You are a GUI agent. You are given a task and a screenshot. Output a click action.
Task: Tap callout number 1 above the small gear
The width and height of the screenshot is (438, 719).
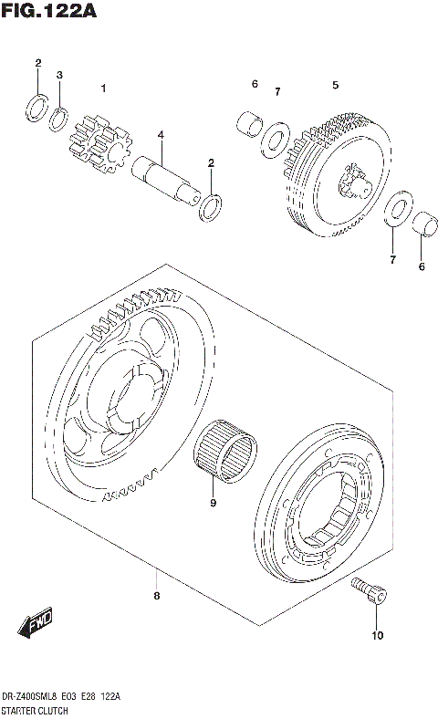104,89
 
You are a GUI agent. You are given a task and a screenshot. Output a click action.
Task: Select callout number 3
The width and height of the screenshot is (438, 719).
59,75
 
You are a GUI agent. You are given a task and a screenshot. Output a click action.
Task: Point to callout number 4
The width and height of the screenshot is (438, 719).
160,135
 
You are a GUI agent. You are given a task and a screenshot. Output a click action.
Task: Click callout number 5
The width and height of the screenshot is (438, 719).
335,85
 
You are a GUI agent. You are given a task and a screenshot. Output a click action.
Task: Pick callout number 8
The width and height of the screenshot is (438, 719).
157,596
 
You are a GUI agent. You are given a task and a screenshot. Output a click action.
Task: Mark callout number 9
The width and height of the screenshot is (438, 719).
213,502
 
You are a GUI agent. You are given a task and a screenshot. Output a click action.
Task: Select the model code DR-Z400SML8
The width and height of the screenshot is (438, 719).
34,697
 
